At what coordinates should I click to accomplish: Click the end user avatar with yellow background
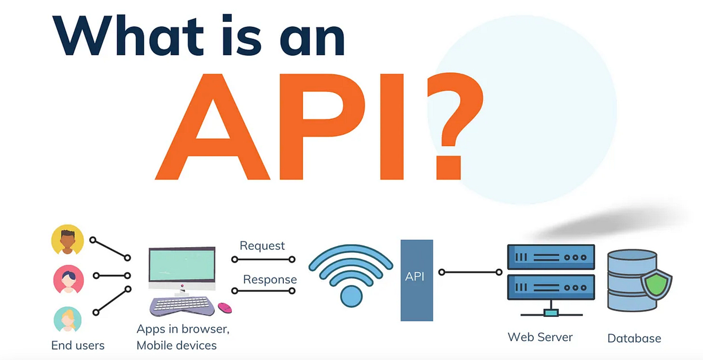(68, 240)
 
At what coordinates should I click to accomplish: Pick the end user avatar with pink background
(68, 279)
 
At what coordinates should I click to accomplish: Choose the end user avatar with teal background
(68, 318)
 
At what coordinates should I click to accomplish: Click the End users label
(78, 346)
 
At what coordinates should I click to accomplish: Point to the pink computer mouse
(225, 307)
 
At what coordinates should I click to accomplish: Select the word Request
(262, 246)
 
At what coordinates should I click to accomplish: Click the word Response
(270, 279)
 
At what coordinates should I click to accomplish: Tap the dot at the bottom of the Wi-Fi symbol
(351, 296)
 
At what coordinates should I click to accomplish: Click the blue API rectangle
(417, 280)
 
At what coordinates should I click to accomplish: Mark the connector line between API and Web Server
(470, 273)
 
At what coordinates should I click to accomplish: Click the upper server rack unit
(551, 258)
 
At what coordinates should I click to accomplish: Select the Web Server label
(540, 337)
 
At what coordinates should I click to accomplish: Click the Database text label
(634, 338)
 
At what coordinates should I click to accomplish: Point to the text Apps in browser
(183, 329)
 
